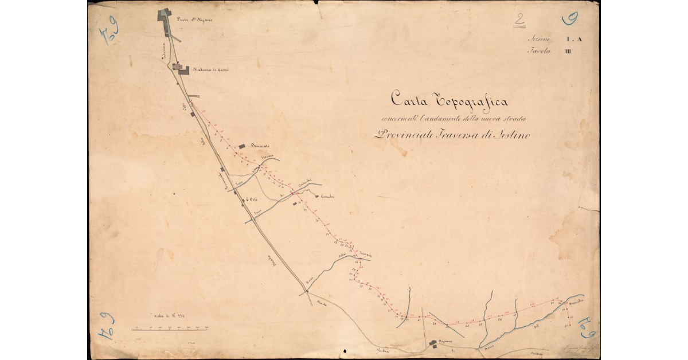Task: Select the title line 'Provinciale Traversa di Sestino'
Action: pyautogui.click(x=453, y=136)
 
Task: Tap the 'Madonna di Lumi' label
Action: pyautogui.click(x=211, y=71)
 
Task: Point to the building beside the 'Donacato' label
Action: pyautogui.click(x=242, y=147)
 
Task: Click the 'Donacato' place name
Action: pyautogui.click(x=260, y=147)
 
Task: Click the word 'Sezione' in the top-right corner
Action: pyautogui.click(x=540, y=40)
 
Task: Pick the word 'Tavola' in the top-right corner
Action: pyautogui.click(x=539, y=52)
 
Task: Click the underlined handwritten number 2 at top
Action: pyautogui.click(x=519, y=21)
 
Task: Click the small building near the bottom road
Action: pyautogui.click(x=434, y=344)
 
